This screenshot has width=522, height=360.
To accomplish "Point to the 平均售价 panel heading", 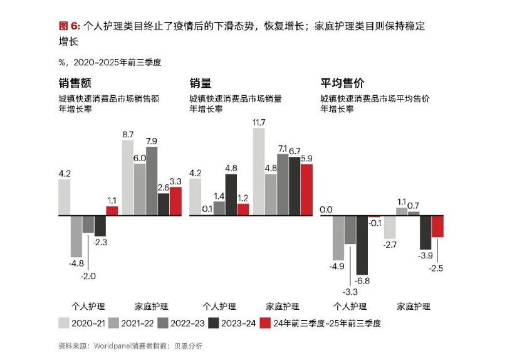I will (343, 83).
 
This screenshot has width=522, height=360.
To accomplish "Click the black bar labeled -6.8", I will (362, 245).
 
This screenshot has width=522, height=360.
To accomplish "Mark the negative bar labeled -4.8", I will (76, 236).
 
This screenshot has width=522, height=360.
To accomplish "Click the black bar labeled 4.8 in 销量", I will (231, 194).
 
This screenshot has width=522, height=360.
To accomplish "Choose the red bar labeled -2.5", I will (437, 226).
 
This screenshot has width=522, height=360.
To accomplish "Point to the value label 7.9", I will (152, 140).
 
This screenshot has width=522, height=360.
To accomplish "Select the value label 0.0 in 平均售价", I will (326, 210).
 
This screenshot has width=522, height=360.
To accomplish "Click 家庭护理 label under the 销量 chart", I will (283, 307).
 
